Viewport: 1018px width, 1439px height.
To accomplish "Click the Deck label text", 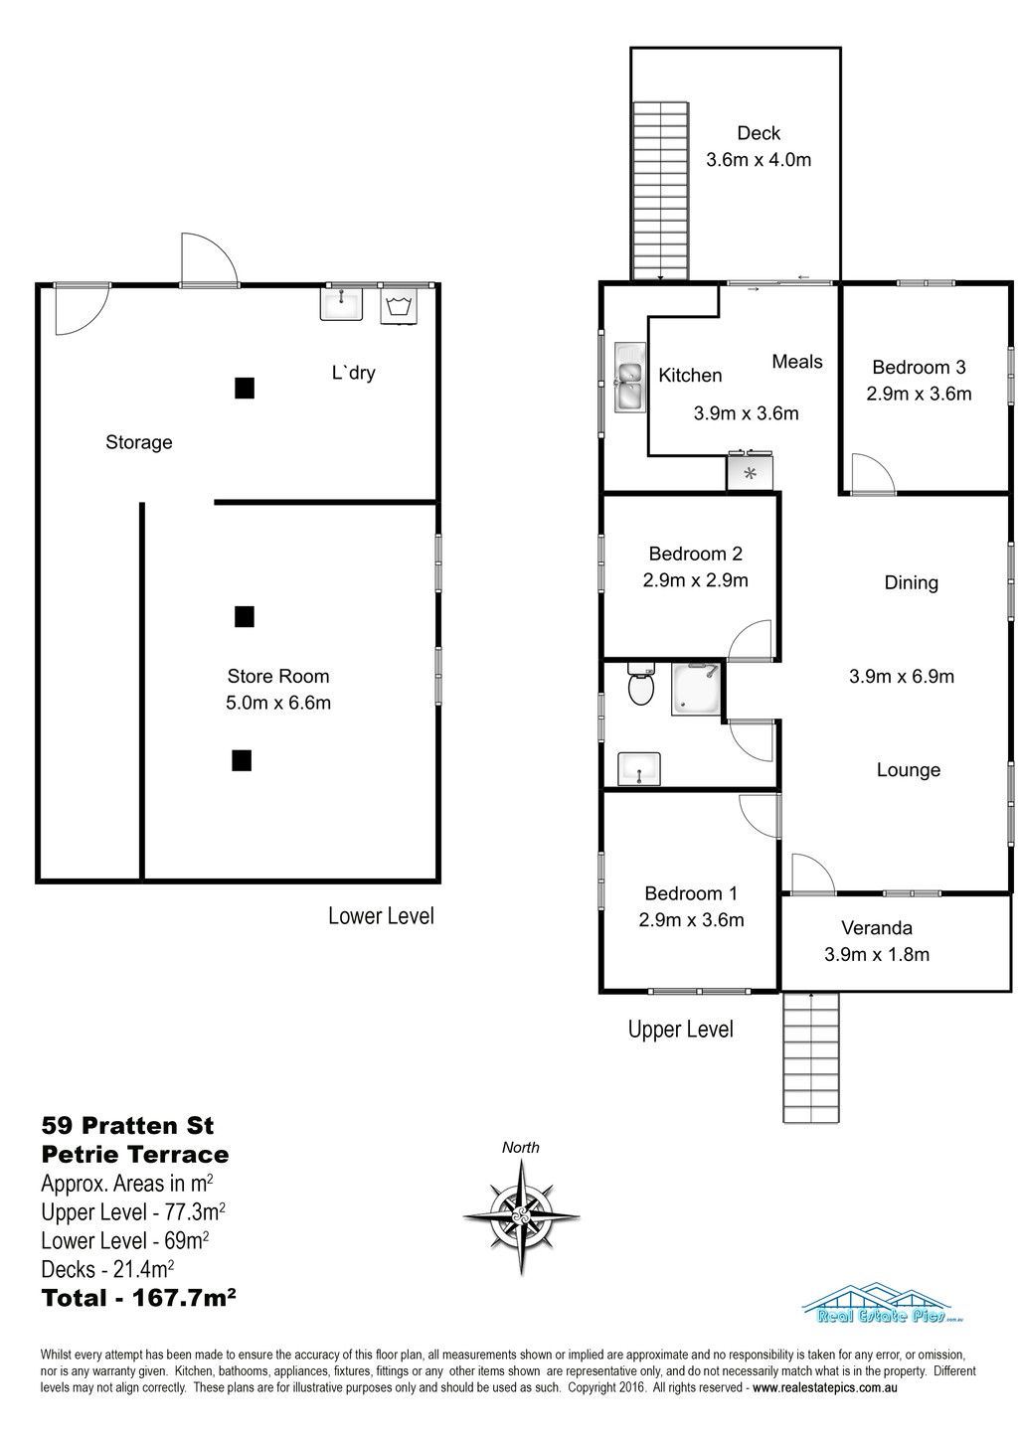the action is click(759, 133).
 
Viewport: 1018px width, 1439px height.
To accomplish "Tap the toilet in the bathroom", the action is click(641, 685).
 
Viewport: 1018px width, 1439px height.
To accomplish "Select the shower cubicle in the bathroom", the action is click(695, 690).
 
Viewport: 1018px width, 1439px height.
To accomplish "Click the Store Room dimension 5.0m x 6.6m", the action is click(278, 703).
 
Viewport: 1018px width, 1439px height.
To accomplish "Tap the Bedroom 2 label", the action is click(695, 554).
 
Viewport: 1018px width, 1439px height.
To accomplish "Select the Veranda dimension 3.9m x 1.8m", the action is click(877, 954).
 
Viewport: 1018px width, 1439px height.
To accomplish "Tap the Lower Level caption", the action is click(381, 916).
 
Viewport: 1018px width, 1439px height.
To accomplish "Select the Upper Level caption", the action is click(681, 1030).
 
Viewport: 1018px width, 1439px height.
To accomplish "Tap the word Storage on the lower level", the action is click(139, 442).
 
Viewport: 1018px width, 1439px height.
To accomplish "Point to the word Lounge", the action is click(908, 769).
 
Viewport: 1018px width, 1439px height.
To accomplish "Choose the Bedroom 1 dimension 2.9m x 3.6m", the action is click(691, 920).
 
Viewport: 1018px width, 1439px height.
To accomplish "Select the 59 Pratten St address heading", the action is click(127, 1126).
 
